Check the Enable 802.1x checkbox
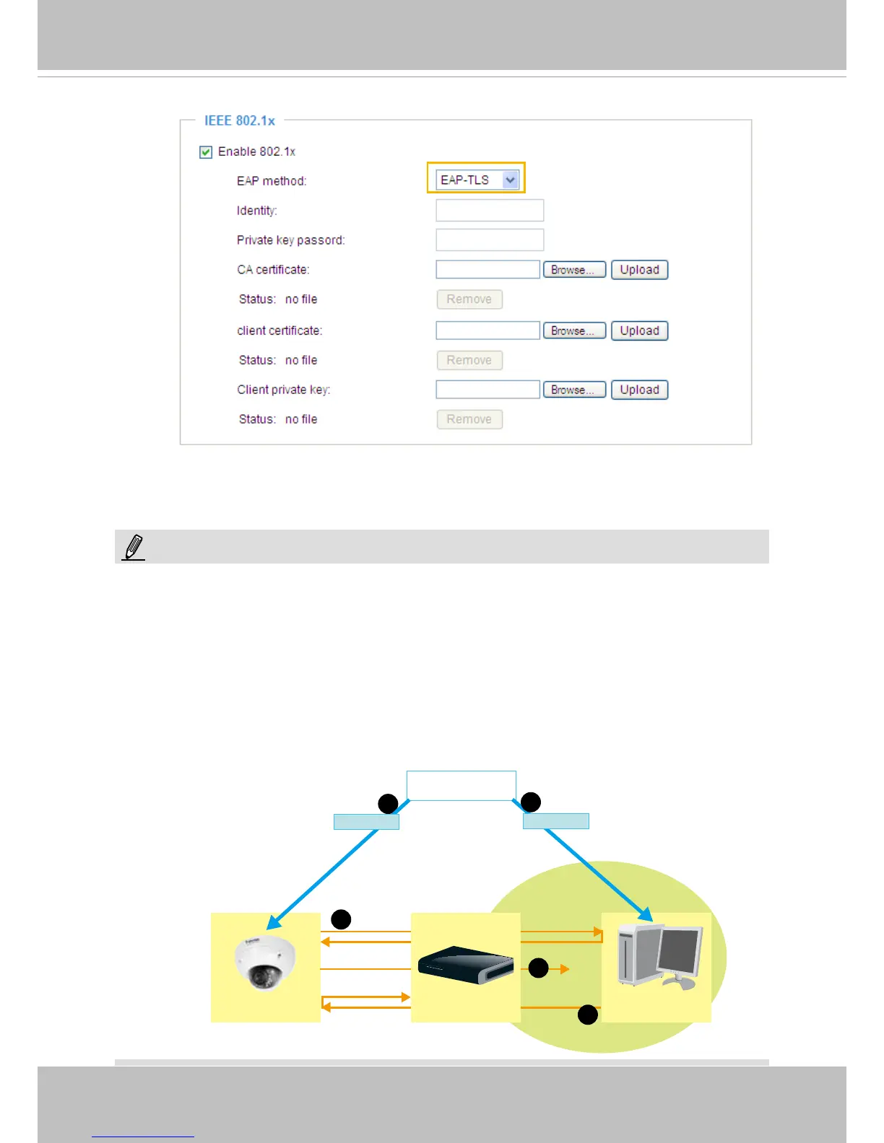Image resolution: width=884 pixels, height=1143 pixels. (x=206, y=152)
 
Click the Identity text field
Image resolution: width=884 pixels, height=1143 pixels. (x=489, y=211)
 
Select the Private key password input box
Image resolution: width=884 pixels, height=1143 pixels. (x=489, y=240)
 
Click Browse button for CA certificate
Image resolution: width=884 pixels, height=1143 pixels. (x=574, y=270)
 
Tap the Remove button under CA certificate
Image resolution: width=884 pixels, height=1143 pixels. (x=469, y=299)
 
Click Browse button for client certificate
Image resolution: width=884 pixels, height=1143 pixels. (x=574, y=330)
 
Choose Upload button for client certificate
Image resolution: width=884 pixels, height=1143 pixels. (x=639, y=330)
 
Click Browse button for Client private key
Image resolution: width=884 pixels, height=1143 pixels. (x=574, y=390)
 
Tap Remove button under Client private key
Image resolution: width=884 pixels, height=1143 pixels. (x=469, y=419)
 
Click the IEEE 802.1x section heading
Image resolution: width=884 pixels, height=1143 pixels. (x=240, y=121)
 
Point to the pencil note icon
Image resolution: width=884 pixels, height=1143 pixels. (x=134, y=548)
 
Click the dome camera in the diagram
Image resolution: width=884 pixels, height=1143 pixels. (x=265, y=963)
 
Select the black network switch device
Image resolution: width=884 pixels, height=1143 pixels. (x=466, y=965)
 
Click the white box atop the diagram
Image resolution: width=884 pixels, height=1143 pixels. (x=461, y=785)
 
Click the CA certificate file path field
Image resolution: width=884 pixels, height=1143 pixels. (x=487, y=270)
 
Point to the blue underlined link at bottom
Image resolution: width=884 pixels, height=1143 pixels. (x=143, y=1135)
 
